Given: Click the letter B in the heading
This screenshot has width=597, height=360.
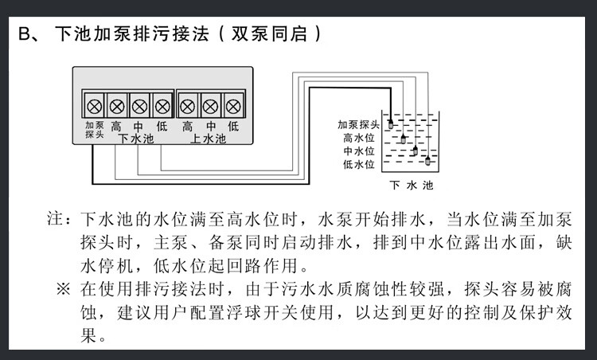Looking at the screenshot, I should coord(24,35).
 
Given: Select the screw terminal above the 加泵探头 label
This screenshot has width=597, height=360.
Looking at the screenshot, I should coord(94,105).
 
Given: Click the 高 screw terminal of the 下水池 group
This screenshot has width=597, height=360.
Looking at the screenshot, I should coord(117,105).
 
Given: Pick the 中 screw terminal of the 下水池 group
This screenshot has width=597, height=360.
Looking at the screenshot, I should coord(139,105).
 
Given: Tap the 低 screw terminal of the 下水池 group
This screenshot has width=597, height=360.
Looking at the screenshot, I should coord(162,105).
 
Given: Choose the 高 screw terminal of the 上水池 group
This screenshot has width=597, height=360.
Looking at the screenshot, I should coord(188,105).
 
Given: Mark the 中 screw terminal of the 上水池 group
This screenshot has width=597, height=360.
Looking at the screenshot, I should coord(211,105).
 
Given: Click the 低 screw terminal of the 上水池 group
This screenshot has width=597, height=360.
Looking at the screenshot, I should coord(233,105).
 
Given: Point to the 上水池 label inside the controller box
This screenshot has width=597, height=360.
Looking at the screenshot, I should coord(209,139).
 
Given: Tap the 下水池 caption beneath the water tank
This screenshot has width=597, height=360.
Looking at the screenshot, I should coord(412,186).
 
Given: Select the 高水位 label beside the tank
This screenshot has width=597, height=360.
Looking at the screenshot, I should coord(358,138).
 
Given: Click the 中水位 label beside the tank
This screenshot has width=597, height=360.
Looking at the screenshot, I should coord(358,151).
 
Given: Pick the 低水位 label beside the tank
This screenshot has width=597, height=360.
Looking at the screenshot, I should coord(358,164).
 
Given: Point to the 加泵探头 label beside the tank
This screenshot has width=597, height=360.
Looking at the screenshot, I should coord(358,124).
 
